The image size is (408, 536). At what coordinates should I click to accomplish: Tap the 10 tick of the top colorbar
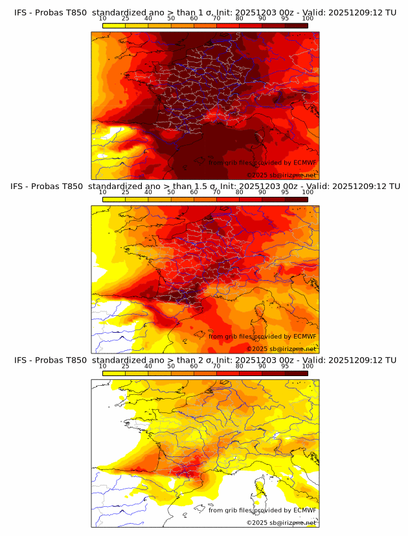103,19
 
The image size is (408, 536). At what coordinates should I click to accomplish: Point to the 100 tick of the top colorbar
308,19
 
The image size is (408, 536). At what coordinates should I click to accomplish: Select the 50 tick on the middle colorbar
171,192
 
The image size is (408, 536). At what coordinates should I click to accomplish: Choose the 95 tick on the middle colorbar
285,192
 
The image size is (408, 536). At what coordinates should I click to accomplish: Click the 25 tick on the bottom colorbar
126,366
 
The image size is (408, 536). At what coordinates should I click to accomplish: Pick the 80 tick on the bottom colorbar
240,366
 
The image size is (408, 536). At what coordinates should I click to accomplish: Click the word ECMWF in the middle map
304,336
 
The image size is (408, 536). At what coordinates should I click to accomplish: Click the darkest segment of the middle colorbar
296,199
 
